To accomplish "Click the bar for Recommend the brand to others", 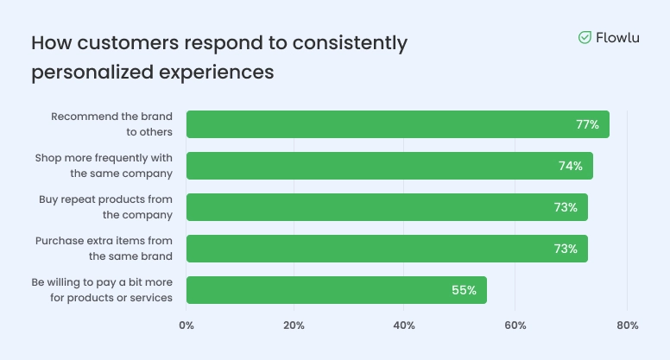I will (x=397, y=124).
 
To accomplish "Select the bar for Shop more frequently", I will (x=389, y=166).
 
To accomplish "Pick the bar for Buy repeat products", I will (x=386, y=207).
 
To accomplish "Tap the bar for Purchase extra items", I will (x=386, y=249).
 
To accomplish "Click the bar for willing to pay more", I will (x=336, y=290).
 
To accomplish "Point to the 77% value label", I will (x=587, y=124).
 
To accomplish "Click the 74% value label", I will (x=570, y=166).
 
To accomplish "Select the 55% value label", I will (x=464, y=290).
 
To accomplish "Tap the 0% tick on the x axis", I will (x=186, y=325).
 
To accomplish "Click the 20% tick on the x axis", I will (x=294, y=325).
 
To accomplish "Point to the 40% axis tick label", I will (x=404, y=325).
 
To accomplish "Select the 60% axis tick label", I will (x=515, y=325).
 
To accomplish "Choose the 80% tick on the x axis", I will (x=628, y=325).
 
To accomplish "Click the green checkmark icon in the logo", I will (x=585, y=37).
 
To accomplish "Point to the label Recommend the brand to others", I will (x=112, y=124).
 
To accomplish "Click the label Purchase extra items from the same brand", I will (x=104, y=249).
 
